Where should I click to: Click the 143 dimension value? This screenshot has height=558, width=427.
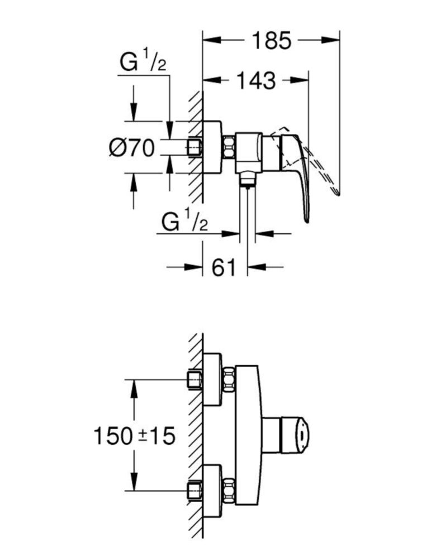[257, 80]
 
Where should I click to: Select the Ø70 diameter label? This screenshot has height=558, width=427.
[132, 148]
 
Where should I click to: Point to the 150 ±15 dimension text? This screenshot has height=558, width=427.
[134, 436]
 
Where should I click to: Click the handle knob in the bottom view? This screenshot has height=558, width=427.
[295, 435]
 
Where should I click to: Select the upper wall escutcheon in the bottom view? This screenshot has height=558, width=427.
[212, 379]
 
